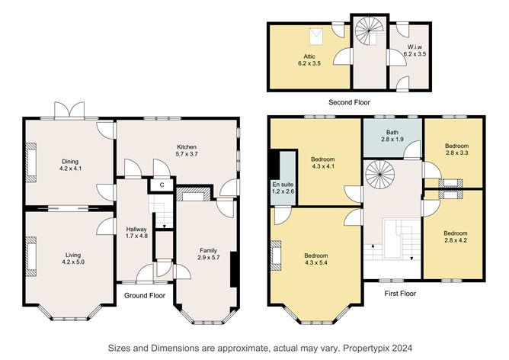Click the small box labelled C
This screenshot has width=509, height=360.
[x=162, y=184]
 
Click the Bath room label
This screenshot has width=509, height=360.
[x=391, y=133]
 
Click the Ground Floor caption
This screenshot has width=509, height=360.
[x=145, y=294]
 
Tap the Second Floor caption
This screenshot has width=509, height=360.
[x=348, y=101]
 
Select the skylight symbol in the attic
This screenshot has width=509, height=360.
[x=314, y=34]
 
